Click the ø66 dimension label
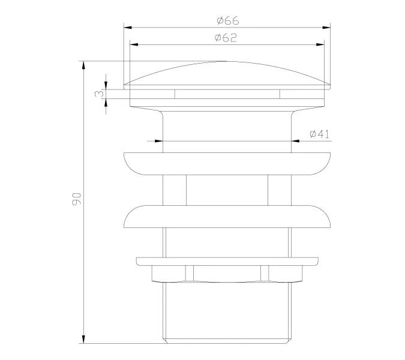227,20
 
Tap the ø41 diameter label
320,134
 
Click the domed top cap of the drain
227,74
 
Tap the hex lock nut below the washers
227,274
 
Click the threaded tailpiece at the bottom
227,312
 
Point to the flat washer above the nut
227,261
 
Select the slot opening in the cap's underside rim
227,94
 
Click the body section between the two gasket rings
227,190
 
